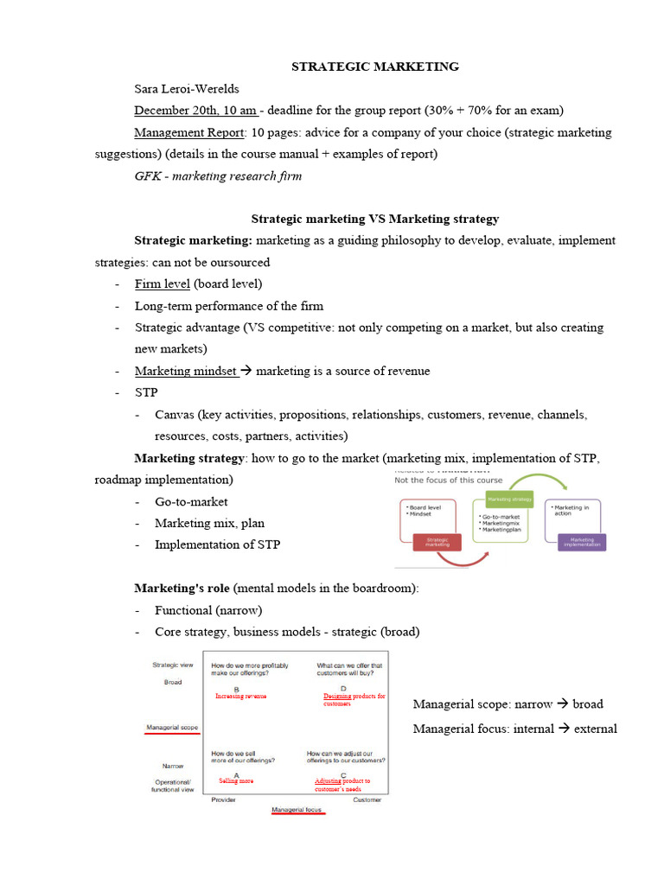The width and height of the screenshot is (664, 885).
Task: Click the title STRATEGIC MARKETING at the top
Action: (374, 67)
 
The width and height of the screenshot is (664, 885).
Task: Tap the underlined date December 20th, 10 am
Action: (195, 111)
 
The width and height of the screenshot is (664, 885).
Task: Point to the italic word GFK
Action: (147, 176)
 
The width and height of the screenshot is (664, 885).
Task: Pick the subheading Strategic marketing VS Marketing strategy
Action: (374, 220)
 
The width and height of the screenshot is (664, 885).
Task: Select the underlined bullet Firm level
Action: (163, 283)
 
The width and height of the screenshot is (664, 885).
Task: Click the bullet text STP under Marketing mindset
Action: (146, 392)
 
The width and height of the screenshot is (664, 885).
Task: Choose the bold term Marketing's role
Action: (182, 588)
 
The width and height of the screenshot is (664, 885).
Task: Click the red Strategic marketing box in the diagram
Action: (438, 542)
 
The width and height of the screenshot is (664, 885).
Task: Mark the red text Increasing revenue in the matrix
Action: (240, 696)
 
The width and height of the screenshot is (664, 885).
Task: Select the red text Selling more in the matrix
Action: (235, 780)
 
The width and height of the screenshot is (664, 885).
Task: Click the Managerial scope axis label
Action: (173, 728)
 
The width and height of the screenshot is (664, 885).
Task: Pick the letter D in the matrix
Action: (343, 688)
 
